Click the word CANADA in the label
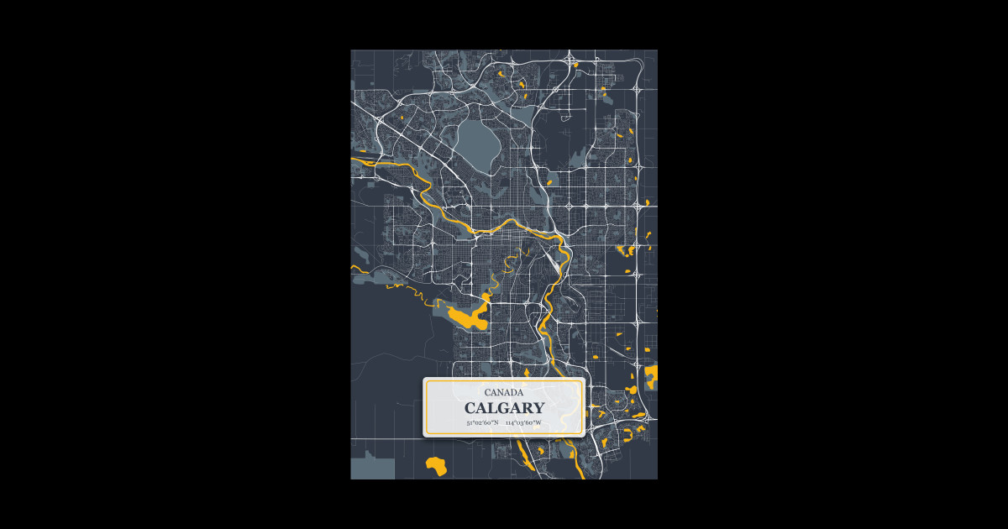pyautogui.click(x=504, y=392)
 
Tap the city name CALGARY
pyautogui.click(x=504, y=408)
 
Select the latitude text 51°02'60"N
pyautogui.click(x=482, y=422)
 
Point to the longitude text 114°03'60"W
pyautogui.click(x=523, y=422)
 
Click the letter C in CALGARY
pyautogui.click(x=470, y=408)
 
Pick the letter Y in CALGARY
pyautogui.click(x=538, y=408)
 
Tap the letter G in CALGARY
pyautogui.click(x=501, y=408)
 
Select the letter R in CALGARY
pyautogui.click(x=526, y=408)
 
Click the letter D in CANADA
pyautogui.click(x=513, y=392)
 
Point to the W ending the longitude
pyautogui.click(x=538, y=422)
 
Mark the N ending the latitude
pyautogui.click(x=496, y=422)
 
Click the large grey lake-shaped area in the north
pyautogui.click(x=476, y=140)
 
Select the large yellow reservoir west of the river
pyautogui.click(x=469, y=317)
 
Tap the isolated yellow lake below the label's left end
pyautogui.click(x=436, y=465)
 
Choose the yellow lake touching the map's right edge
pyautogui.click(x=651, y=374)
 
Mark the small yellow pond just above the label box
pyautogui.click(x=527, y=372)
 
